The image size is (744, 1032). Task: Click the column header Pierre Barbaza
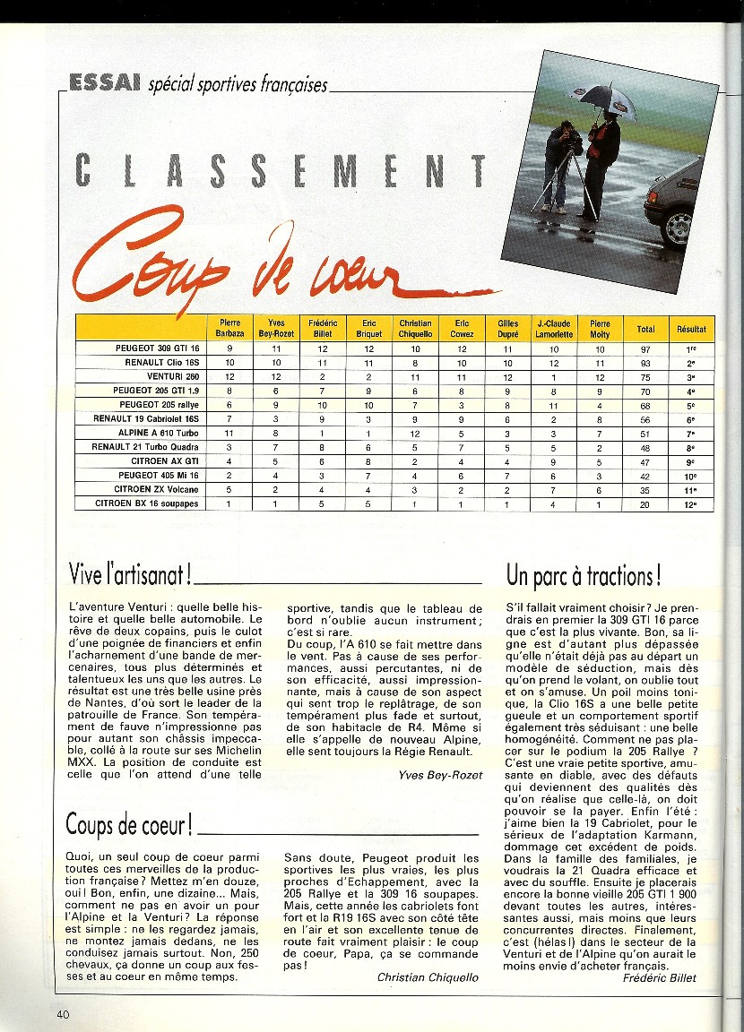(229, 328)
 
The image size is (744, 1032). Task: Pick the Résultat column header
(691, 329)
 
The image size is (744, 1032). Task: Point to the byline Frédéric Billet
(659, 977)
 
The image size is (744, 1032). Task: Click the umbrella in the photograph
(607, 100)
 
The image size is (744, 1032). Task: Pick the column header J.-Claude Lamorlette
(554, 328)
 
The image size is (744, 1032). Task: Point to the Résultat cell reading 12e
(691, 504)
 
